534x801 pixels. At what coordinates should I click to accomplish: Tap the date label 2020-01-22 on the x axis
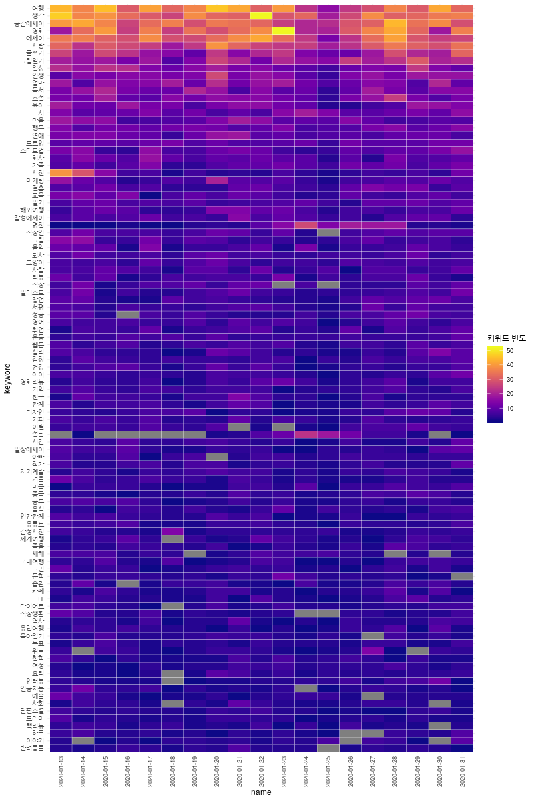coord(262,768)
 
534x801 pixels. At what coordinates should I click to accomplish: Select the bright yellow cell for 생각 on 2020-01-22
coord(262,16)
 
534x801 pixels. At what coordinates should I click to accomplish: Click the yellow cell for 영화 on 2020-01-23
coord(284,31)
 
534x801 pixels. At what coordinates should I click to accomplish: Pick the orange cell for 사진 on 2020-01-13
coord(61,172)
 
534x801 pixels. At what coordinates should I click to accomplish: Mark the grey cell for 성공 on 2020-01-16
coord(127,314)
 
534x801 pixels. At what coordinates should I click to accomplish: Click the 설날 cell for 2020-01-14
coord(83,434)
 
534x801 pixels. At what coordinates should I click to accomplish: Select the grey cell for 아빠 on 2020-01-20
coord(217,457)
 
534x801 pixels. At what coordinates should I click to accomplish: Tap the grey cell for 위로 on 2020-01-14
coord(83,651)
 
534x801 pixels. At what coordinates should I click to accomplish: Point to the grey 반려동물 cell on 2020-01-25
coord(328,748)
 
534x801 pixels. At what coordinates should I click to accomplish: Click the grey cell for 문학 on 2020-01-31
coord(462,576)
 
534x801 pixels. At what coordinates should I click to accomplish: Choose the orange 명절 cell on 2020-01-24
coord(306,224)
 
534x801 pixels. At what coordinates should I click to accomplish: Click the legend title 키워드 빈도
coord(505,338)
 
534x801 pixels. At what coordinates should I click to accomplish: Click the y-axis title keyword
coord(7,378)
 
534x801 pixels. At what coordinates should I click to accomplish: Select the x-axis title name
coord(261,792)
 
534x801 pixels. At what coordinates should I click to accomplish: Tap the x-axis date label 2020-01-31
coord(462,768)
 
